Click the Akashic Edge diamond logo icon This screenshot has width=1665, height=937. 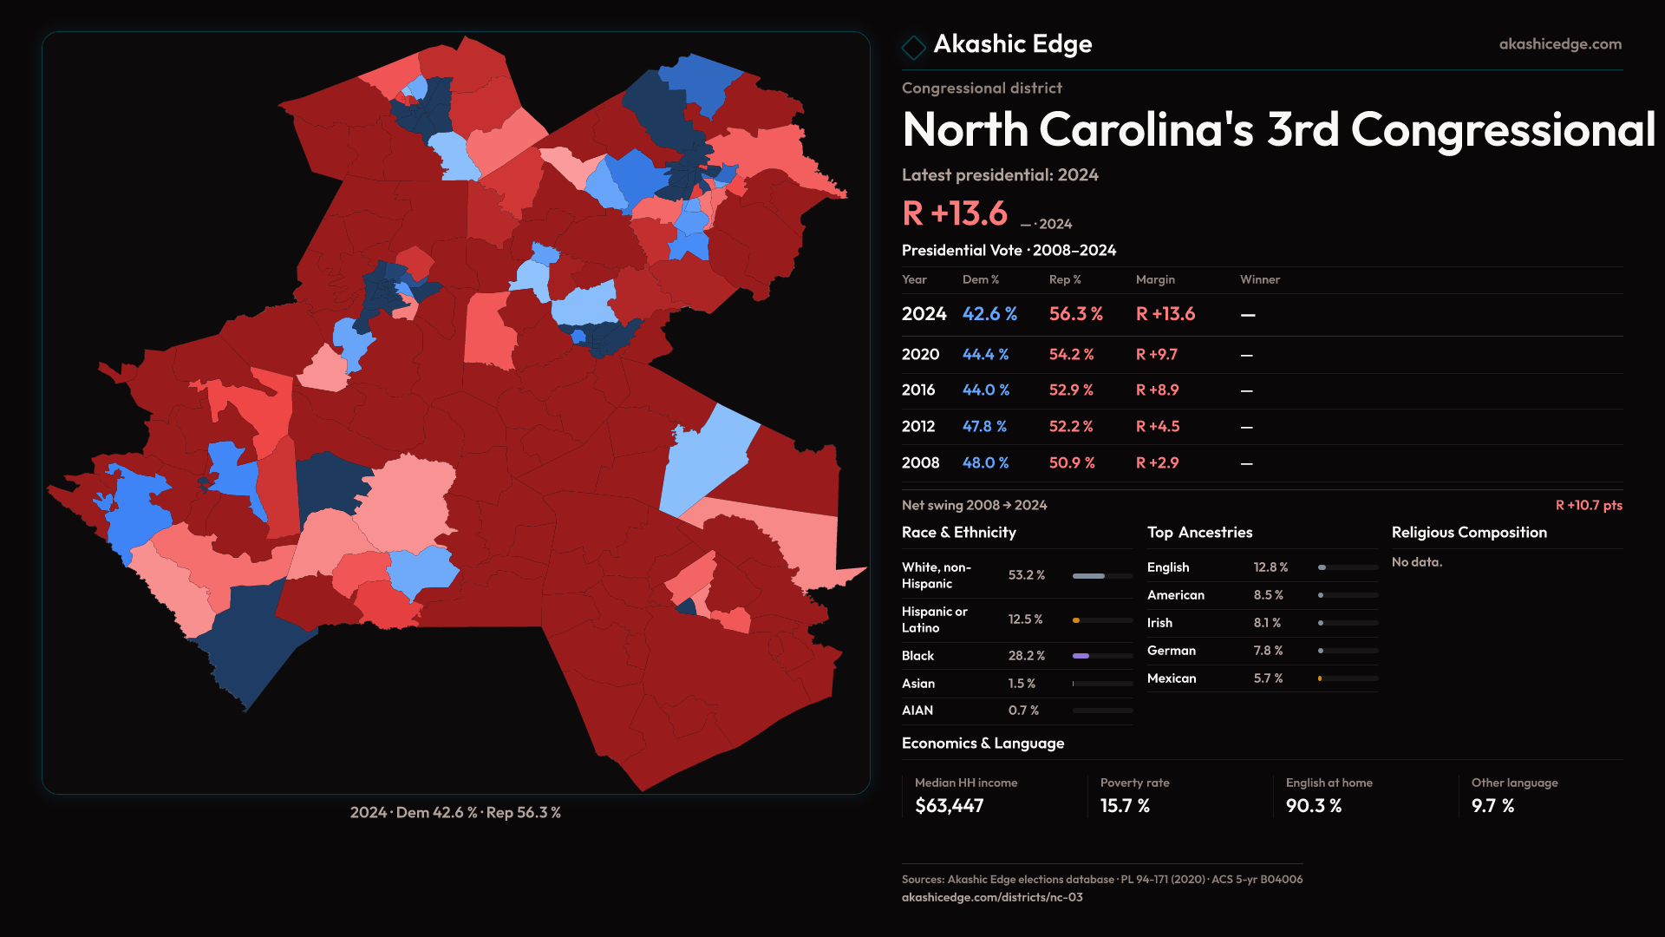point(914,46)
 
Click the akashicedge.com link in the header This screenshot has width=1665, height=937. point(1560,44)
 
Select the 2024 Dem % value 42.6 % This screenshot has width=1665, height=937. point(989,314)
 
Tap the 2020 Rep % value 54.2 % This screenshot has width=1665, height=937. point(1071,355)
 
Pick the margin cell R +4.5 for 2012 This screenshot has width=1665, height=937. point(1158,427)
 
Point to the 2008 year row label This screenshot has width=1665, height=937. point(920,463)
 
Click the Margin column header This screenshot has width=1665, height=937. point(1155,279)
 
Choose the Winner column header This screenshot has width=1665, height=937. point(1259,279)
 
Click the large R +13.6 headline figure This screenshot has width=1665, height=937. point(955,213)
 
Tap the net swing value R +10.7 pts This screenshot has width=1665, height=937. point(1589,505)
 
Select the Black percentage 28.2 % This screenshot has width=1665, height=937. point(1026,656)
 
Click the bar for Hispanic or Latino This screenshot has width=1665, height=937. point(1102,620)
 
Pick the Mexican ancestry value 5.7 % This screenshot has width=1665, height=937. point(1268,678)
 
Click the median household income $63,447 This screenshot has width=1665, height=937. point(949,806)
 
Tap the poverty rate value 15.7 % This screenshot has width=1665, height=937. point(1125,806)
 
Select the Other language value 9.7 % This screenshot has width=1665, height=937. point(1492,806)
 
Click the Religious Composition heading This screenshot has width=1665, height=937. point(1469,533)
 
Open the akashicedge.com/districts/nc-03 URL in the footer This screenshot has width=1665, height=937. point(992,897)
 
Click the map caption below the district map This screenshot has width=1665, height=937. point(455,813)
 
